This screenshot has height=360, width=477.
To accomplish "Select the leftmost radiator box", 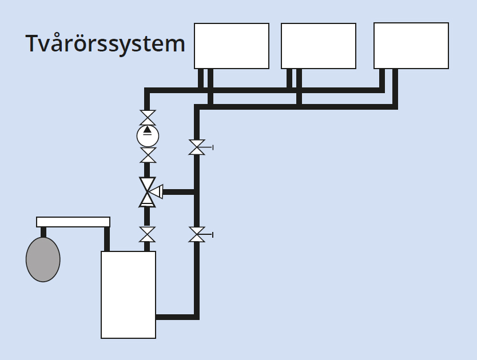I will [x=232, y=46].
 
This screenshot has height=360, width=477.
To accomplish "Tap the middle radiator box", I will [x=319, y=46].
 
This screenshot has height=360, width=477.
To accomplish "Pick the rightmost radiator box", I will [x=411, y=46].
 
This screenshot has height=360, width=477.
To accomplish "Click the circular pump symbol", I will [x=148, y=136].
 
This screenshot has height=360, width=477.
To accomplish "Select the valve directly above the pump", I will [x=148, y=118].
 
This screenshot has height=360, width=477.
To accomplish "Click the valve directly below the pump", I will [x=148, y=155].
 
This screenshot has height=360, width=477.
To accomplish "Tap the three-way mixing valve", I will [x=148, y=191].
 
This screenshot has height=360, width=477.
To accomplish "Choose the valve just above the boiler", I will [x=148, y=234].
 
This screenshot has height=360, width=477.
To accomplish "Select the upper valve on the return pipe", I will [x=197, y=147].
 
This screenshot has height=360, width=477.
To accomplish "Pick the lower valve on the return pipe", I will [x=197, y=234].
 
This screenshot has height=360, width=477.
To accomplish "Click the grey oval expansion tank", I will [x=43, y=259].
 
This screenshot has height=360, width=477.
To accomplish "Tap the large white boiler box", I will [x=128, y=294].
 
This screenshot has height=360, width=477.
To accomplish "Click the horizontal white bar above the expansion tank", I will [x=73, y=222].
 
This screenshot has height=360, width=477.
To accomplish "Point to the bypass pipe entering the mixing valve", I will [x=179, y=191].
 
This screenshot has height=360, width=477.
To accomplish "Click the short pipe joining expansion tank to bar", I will [x=43, y=232].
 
